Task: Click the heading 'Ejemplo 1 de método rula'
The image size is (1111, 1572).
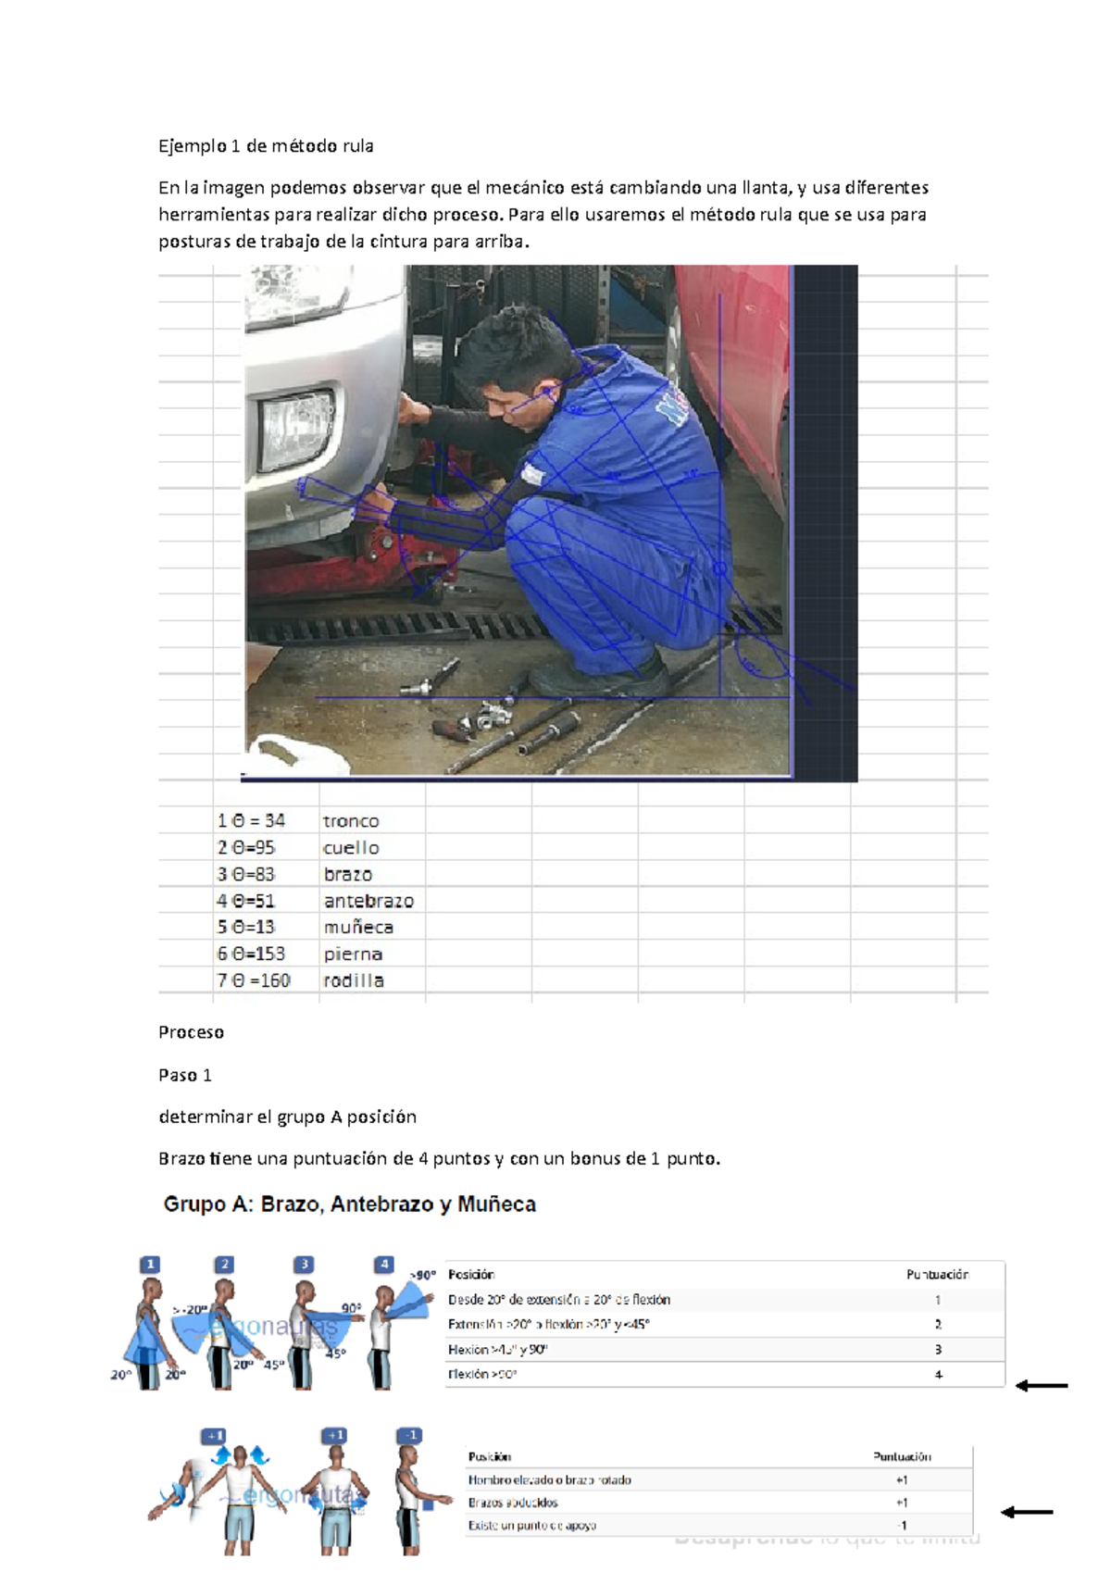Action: coord(266,145)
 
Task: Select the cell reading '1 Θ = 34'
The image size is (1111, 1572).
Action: coord(251,821)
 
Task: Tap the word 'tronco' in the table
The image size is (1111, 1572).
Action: coord(351,821)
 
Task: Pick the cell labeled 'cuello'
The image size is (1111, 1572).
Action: coord(351,848)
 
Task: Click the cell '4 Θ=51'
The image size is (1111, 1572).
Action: coord(246,901)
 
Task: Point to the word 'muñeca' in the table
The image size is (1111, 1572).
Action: coord(358,928)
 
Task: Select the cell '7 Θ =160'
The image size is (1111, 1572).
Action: coord(254,980)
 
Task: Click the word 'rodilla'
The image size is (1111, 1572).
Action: coord(354,980)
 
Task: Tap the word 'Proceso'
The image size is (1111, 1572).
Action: coord(191,1032)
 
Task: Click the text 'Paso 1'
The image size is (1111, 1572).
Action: coord(185,1075)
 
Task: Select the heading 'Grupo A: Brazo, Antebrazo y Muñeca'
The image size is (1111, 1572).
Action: coord(349,1204)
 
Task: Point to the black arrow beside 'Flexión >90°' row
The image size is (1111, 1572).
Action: coord(1042,1386)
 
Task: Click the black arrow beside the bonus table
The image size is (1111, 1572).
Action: coord(1027,1513)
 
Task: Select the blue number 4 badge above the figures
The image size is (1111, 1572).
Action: coord(384,1265)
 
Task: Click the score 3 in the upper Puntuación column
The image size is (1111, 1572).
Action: coord(938,1350)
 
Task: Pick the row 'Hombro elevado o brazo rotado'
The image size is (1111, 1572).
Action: coord(550,1480)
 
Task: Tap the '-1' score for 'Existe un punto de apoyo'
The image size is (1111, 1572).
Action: coord(901,1526)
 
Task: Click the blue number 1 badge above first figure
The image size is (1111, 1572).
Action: coord(150,1265)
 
